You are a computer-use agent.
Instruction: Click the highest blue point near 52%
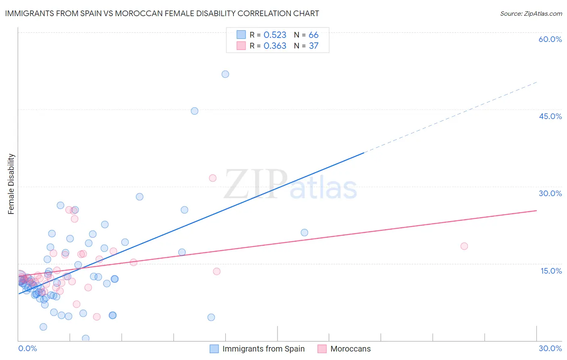coord(225,74)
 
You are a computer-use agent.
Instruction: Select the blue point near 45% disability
coord(194,111)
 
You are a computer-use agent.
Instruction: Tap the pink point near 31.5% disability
coord(213,178)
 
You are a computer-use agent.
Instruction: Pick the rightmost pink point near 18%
coord(464,246)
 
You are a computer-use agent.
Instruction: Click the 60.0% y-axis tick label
coord(550,39)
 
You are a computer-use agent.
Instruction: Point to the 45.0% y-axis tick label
coord(550,116)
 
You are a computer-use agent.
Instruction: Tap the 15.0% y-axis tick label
coord(551,271)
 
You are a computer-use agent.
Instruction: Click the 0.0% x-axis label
coord(27,348)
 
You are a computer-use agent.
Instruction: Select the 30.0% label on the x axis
coord(550,348)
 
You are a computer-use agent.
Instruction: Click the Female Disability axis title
coord(11,184)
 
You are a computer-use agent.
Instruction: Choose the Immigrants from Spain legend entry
coord(257,349)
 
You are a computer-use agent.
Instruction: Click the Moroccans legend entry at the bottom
coord(344,349)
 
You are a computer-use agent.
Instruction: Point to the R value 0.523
coord(275,35)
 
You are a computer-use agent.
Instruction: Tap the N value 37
coord(313,46)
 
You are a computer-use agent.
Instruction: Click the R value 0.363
coord(275,46)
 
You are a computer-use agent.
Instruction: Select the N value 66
coord(313,35)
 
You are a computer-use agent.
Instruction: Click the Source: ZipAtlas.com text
coord(531,14)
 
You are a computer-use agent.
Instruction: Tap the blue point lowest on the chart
coord(85,338)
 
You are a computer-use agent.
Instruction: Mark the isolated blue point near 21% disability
coord(304,232)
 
